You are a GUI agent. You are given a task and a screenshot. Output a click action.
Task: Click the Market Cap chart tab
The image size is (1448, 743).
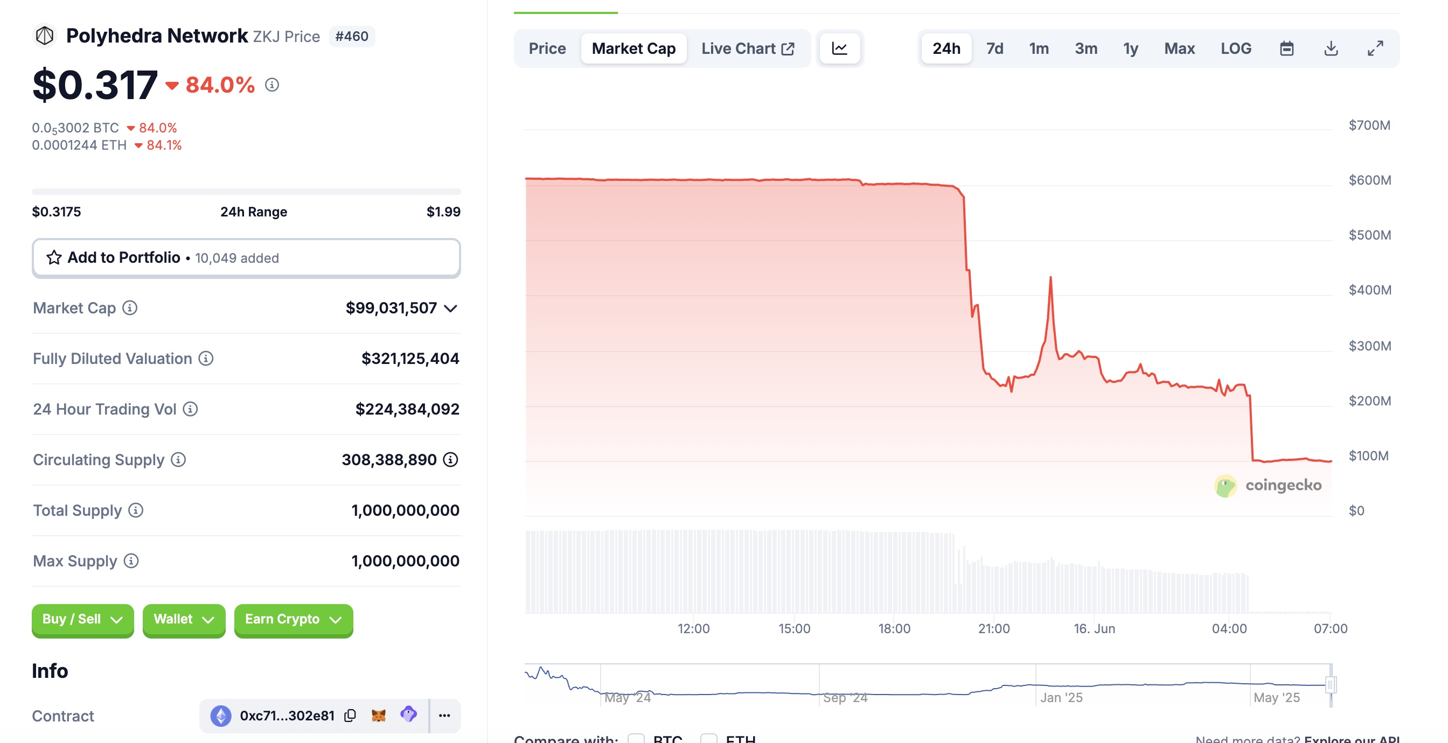(633, 48)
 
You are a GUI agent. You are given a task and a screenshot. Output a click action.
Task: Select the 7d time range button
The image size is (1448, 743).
(994, 48)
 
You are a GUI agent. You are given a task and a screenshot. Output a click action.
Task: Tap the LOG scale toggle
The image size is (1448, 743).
(1236, 48)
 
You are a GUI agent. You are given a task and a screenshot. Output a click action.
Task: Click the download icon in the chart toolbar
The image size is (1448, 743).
(1331, 48)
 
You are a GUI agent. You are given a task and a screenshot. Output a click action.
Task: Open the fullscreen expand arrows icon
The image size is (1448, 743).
(1375, 48)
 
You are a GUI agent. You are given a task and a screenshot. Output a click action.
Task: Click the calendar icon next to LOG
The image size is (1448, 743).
(1287, 48)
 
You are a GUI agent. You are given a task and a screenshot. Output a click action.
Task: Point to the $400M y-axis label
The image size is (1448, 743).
(1370, 290)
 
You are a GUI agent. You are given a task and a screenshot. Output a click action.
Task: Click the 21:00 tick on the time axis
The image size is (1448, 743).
(994, 628)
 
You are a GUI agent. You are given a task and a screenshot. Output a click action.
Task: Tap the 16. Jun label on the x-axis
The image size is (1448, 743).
(1094, 628)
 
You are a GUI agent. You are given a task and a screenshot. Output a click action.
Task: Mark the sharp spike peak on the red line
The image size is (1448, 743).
(1050, 278)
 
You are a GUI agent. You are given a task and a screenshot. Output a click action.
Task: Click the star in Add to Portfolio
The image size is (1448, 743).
(54, 257)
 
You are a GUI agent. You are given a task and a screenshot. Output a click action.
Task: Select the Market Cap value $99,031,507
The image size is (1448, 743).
(391, 308)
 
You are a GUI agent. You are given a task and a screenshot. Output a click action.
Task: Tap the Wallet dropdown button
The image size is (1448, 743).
(184, 619)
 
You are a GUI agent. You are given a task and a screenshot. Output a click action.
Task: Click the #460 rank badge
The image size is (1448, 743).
(352, 37)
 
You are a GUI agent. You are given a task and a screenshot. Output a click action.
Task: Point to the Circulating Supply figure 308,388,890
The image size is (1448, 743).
(389, 460)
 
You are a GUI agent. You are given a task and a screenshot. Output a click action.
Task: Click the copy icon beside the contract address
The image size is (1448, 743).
(350, 716)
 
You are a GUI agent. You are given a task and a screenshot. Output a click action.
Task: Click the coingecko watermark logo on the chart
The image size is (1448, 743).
(1268, 486)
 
